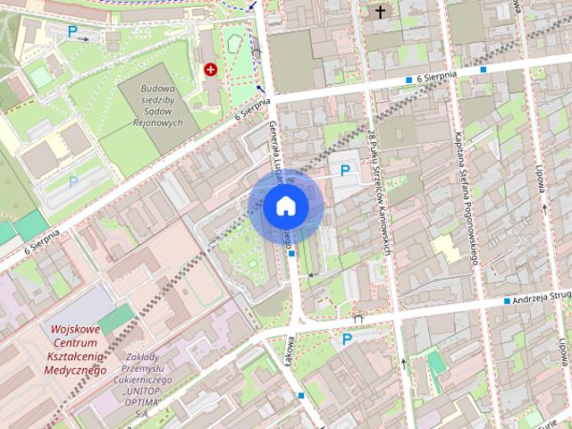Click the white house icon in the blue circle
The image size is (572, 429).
tap(285, 206)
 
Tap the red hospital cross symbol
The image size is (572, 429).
tap(211, 69)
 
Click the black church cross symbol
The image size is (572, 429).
tap(381, 12)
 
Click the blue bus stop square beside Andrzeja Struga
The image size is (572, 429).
tap(507, 302)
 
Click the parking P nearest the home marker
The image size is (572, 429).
tap(343, 170)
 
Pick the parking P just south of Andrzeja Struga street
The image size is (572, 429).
tap(346, 339)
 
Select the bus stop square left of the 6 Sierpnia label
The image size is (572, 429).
tap(409, 80)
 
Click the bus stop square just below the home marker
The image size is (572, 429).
tap(292, 253)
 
